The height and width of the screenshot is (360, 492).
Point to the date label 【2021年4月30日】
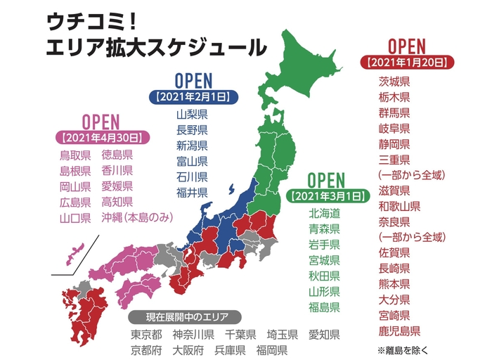tap(101, 136)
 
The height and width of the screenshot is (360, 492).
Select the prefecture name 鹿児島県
tap(399, 330)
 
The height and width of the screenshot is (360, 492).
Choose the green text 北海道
tap(324, 213)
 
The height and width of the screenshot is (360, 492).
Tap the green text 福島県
tap(324, 307)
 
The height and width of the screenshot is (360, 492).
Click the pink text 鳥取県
tap(75, 155)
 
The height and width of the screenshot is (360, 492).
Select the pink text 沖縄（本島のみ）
tap(137, 217)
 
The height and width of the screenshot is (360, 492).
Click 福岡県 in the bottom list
tap(271, 349)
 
